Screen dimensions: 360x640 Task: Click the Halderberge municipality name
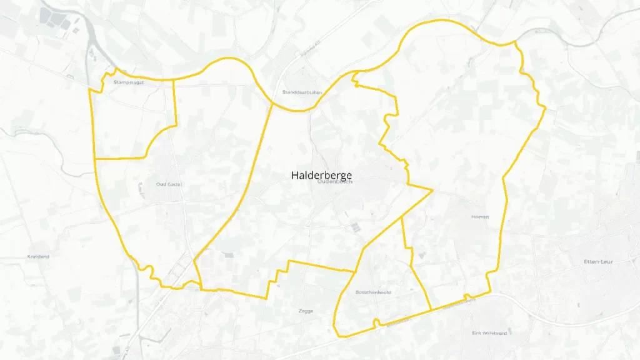tap(321, 175)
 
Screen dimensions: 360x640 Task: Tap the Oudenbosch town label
tap(336, 182)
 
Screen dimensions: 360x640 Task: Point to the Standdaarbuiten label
tap(302, 92)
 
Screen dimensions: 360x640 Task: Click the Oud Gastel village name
tap(169, 184)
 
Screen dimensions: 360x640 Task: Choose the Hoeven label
tap(479, 217)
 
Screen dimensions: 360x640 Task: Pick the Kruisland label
tap(39, 256)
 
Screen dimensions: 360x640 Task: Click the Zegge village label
tap(306, 311)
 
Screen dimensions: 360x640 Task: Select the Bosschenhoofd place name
tap(373, 292)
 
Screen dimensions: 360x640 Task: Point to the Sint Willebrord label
tap(489, 333)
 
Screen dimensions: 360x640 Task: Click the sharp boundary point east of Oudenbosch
tap(432, 189)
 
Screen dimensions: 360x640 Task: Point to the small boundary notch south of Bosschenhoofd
tap(376, 322)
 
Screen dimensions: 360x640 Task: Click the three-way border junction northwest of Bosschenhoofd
tap(355, 272)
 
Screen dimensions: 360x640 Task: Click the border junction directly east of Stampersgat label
tap(173, 80)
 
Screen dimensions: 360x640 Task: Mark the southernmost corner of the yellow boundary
tap(338, 336)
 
